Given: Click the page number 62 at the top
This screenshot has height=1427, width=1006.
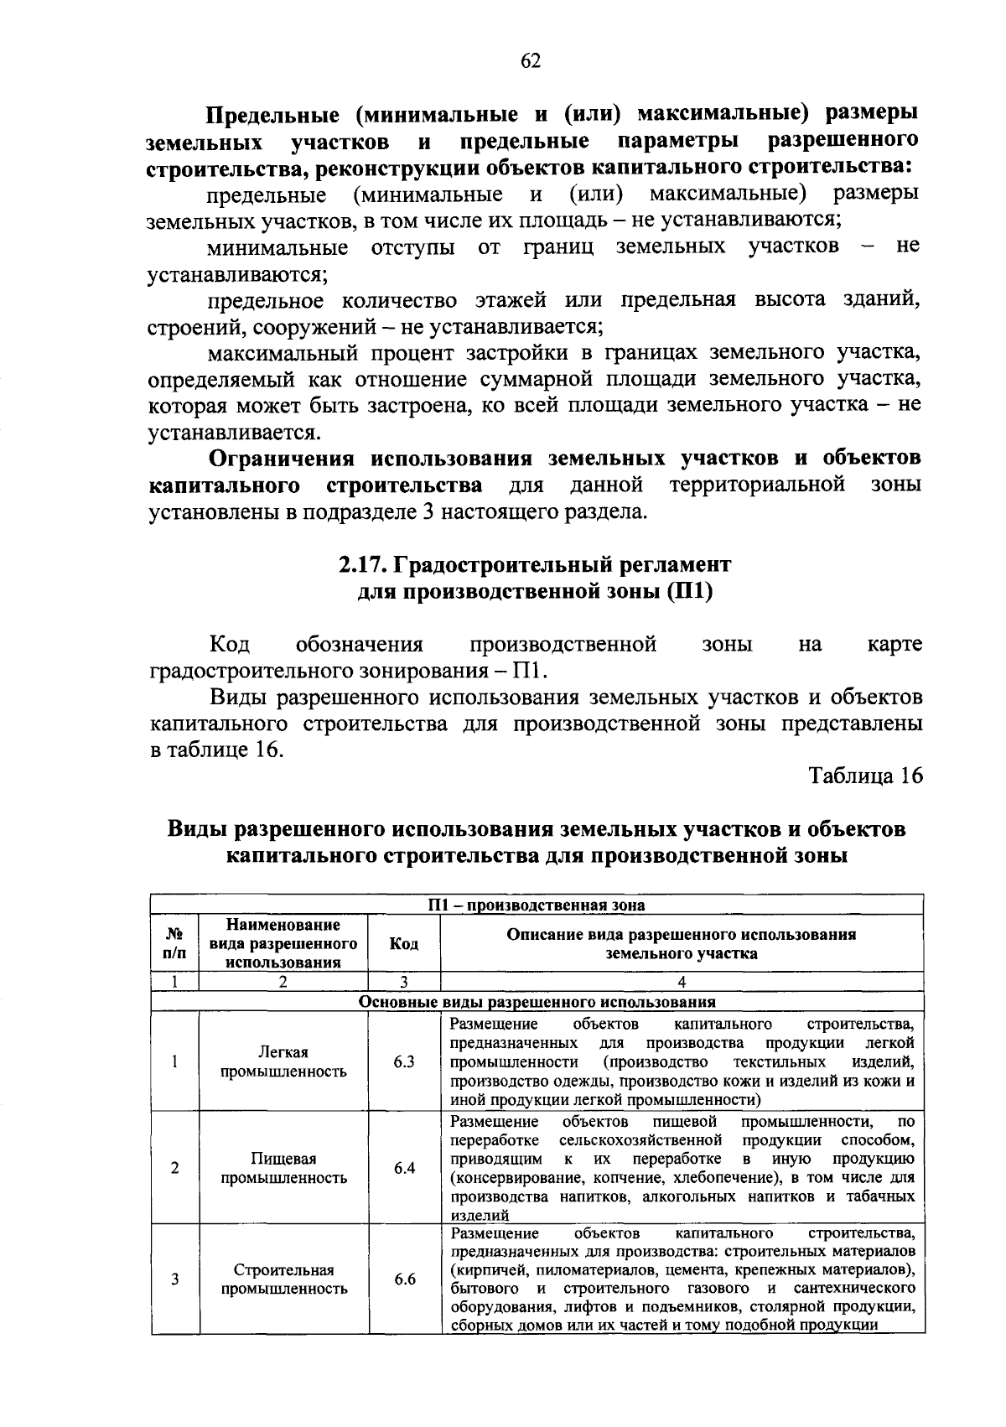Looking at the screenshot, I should pyautogui.click(x=531, y=61).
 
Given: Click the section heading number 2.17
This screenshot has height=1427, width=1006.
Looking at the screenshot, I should pyautogui.click(x=361, y=564).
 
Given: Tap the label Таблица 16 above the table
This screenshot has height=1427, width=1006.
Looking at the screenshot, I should pyautogui.click(x=865, y=776).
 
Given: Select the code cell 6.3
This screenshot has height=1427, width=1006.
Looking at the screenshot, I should pyautogui.click(x=404, y=1061).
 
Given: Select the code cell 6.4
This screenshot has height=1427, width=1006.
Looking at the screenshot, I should pyautogui.click(x=404, y=1168).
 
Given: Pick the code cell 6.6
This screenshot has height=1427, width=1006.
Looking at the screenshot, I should pyautogui.click(x=404, y=1279).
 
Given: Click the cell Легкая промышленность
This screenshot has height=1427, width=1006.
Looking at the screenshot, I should pyautogui.click(x=283, y=1061).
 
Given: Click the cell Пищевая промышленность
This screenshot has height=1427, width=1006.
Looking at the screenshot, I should pyautogui.click(x=283, y=1168).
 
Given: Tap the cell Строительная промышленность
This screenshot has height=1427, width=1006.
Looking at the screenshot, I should pyautogui.click(x=283, y=1279).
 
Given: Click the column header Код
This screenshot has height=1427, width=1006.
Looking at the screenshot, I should pyautogui.click(x=404, y=944).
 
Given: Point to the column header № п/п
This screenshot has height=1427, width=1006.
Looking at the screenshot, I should pyautogui.click(x=174, y=944).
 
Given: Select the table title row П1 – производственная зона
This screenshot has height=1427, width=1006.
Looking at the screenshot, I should pyautogui.click(x=537, y=905).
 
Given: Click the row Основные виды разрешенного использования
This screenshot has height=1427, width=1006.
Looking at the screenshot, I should pyautogui.click(x=537, y=1002).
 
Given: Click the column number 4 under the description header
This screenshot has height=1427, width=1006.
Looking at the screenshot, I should pyautogui.click(x=682, y=982).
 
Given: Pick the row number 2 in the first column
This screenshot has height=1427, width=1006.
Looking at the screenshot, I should pyautogui.click(x=174, y=1168).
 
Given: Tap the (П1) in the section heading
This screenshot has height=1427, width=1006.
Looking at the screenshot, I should pyautogui.click(x=690, y=592).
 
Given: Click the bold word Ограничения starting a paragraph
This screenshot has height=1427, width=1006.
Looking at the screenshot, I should pyautogui.click(x=284, y=459).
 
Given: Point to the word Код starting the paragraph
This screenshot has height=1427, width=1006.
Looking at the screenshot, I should pyautogui.click(x=229, y=644).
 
